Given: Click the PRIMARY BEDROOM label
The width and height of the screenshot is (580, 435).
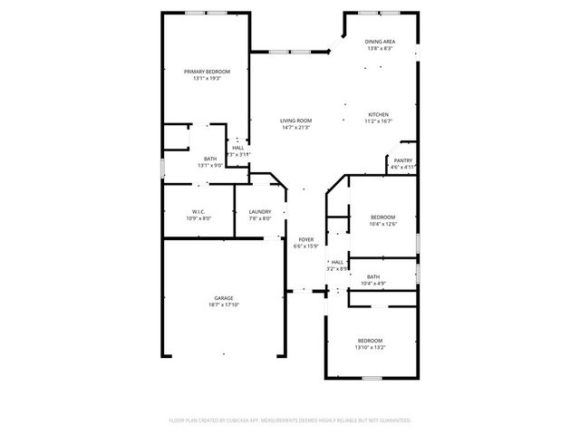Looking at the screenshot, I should (x=207, y=72).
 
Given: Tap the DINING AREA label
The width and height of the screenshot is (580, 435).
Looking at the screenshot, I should (x=380, y=42).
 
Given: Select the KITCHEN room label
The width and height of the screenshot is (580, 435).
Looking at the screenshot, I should (x=378, y=114).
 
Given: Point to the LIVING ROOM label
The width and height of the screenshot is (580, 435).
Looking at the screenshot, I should (x=295, y=121).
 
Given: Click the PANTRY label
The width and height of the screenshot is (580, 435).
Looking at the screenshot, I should (x=403, y=160).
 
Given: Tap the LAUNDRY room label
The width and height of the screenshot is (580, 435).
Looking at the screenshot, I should (x=260, y=211).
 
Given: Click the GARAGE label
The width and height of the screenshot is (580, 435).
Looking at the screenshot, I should (x=224, y=298).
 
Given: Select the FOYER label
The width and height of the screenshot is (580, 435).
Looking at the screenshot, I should (x=305, y=239).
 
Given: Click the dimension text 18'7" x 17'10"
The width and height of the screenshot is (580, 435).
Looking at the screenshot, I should (x=224, y=305).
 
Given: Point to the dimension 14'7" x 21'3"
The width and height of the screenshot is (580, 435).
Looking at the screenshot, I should (x=295, y=128).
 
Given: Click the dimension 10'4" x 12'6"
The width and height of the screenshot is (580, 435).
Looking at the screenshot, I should (x=382, y=224).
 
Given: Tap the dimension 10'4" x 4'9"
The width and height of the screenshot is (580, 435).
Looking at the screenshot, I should (x=373, y=284).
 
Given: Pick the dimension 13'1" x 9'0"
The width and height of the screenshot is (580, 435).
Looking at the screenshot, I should (x=210, y=166).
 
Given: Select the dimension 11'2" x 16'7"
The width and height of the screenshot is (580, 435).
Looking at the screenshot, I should (x=378, y=121).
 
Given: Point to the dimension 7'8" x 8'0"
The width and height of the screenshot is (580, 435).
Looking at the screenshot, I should (x=260, y=218).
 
